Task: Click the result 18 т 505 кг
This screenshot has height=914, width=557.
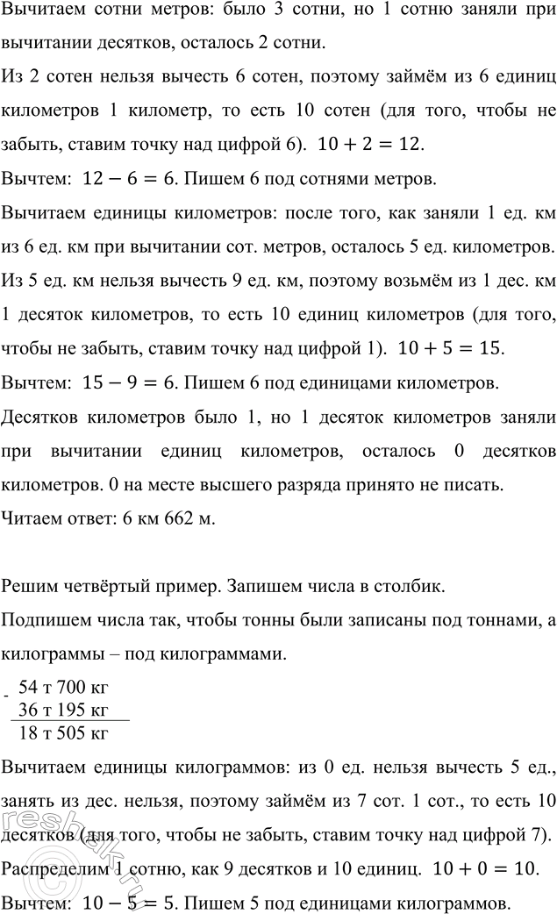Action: [68, 708]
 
